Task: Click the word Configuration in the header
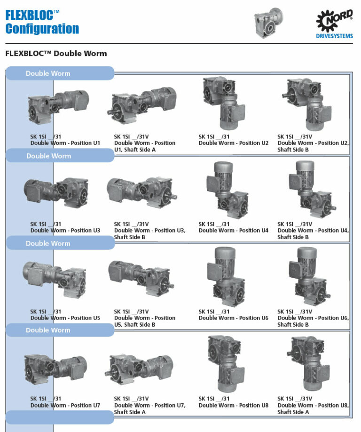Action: click(x=42, y=29)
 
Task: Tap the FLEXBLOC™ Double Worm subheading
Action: click(x=56, y=54)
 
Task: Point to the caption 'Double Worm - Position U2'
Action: click(x=234, y=143)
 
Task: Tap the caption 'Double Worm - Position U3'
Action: click(x=65, y=231)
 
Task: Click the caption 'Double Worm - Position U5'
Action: click(x=65, y=318)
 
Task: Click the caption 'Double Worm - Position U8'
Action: click(x=234, y=406)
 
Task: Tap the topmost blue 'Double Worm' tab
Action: click(x=60, y=73)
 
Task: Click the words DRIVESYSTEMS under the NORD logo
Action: click(x=335, y=36)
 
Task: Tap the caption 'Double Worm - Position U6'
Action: click(x=234, y=318)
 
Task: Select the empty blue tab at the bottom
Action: click(x=60, y=417)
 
